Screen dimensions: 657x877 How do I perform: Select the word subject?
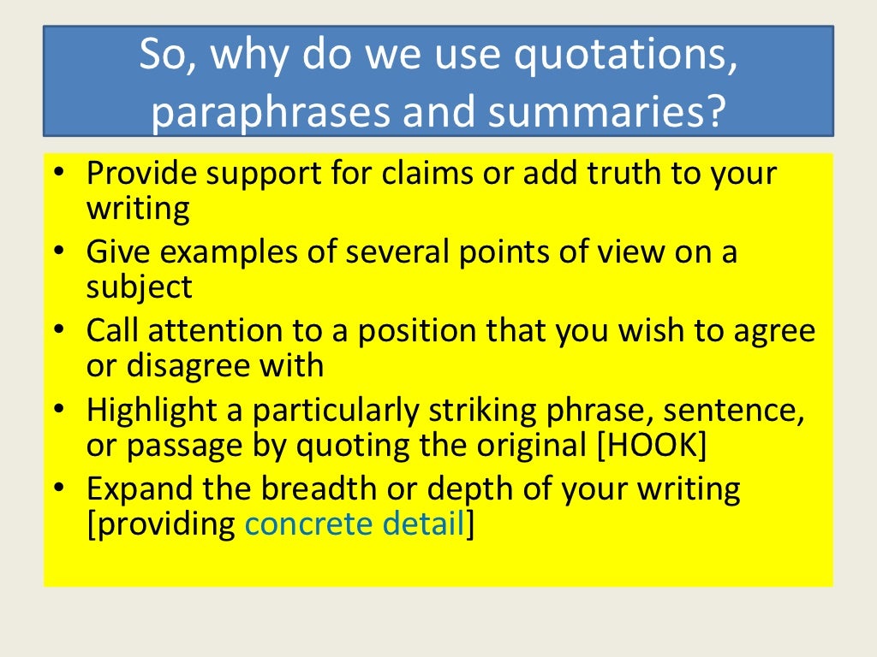[x=140, y=287]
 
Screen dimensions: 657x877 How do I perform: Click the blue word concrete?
[x=309, y=524]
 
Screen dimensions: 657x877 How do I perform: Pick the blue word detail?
[x=423, y=524]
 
